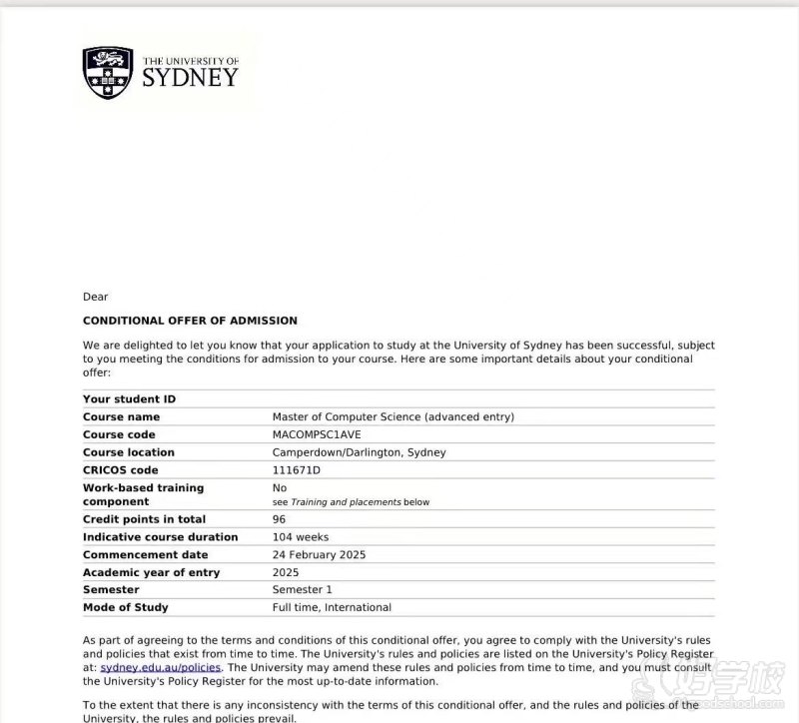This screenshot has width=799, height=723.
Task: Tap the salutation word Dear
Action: [95, 297]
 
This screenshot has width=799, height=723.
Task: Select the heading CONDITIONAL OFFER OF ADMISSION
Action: [190, 321]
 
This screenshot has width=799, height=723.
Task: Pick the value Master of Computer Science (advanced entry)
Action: [394, 416]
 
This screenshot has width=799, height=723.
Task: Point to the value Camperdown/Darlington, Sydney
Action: [359, 452]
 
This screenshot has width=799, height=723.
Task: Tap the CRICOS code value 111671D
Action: [297, 470]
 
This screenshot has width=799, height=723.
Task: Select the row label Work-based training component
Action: [143, 494]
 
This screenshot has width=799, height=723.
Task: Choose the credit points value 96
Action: [279, 519]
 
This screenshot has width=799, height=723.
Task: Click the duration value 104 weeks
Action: [300, 537]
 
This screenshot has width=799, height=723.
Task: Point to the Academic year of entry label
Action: [151, 573]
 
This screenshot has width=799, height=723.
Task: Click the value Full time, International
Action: [332, 607]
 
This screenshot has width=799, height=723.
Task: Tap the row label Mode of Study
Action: [125, 607]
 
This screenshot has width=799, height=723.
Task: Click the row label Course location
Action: [128, 452]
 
